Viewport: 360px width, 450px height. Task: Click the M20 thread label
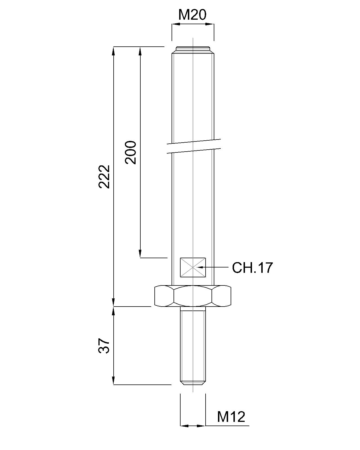192,15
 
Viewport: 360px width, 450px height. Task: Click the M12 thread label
231,417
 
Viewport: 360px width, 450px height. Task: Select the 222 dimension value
104,176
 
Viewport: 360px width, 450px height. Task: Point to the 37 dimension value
104,346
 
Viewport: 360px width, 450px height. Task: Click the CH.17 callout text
252,267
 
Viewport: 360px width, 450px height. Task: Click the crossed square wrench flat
193,267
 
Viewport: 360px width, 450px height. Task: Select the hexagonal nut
193,296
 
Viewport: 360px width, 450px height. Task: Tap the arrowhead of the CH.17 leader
200,267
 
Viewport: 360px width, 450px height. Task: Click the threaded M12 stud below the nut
193,346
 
